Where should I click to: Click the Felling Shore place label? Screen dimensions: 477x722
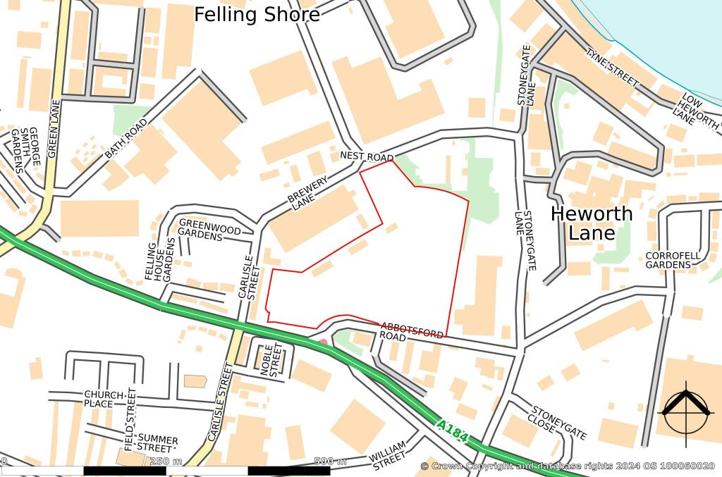[257, 14]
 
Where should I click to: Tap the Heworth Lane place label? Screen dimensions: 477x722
[591, 223]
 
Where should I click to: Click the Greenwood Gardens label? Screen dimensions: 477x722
[209, 232]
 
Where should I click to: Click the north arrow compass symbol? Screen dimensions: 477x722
[683, 409]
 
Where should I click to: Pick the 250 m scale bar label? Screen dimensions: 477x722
[166, 461]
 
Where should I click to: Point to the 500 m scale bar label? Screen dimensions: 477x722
[330, 461]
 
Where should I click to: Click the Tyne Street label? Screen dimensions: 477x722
[612, 68]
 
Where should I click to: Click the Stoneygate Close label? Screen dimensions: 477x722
[558, 423]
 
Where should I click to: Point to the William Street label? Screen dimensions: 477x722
[388, 455]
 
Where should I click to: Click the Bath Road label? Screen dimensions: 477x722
[127, 138]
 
